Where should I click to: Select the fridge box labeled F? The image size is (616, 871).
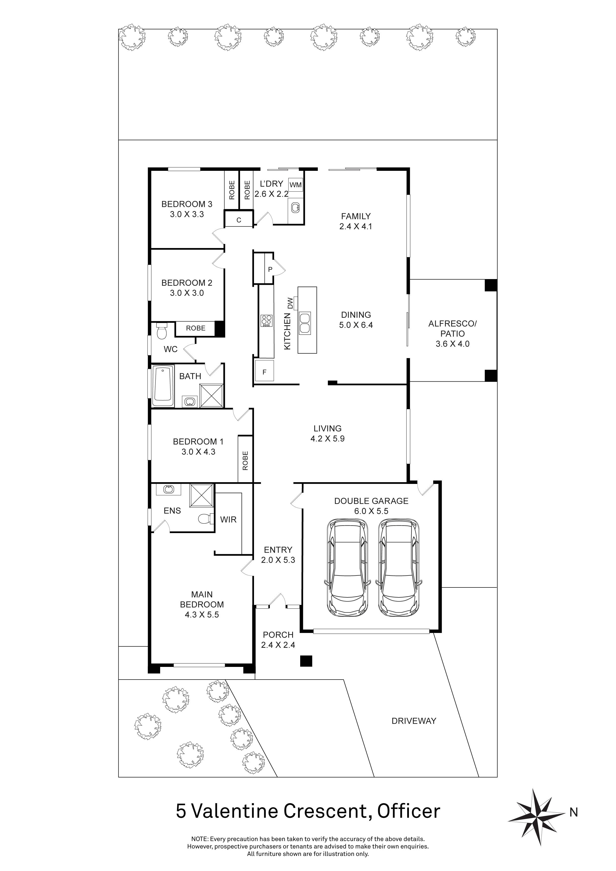pyautogui.click(x=264, y=372)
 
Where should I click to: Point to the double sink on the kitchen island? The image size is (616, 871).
pyautogui.click(x=305, y=323)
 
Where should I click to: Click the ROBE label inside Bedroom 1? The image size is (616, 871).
pyautogui.click(x=245, y=461)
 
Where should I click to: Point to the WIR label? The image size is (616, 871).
pyautogui.click(x=228, y=520)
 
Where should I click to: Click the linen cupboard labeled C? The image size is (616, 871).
pyautogui.click(x=239, y=220)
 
